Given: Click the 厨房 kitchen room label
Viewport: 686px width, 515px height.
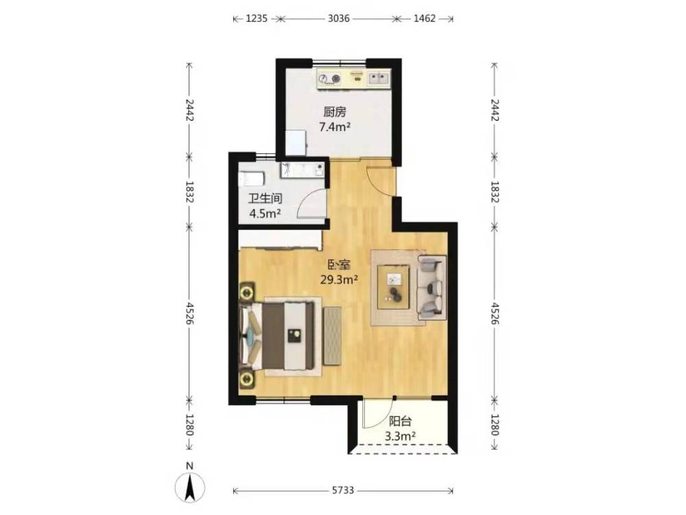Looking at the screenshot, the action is pyautogui.click(x=335, y=112).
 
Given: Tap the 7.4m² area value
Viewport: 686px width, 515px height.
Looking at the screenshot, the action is pyautogui.click(x=335, y=128).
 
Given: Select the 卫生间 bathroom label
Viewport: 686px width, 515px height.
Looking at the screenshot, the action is pyautogui.click(x=265, y=199).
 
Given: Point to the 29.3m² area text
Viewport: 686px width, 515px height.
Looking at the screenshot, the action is pyautogui.click(x=340, y=280).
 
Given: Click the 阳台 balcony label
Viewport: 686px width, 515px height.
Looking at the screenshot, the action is pyautogui.click(x=401, y=422).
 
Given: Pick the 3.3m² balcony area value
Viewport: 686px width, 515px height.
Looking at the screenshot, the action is pyautogui.click(x=400, y=437).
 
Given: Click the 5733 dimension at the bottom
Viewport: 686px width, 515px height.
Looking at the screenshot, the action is pyautogui.click(x=342, y=490).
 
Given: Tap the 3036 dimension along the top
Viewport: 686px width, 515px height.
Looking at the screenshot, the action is pyautogui.click(x=339, y=19).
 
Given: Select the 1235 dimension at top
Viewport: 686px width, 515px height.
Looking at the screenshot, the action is pyautogui.click(x=257, y=19).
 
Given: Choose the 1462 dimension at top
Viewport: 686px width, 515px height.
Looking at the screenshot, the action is pyautogui.click(x=425, y=19).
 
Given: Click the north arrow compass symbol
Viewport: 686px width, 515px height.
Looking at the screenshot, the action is pyautogui.click(x=189, y=486).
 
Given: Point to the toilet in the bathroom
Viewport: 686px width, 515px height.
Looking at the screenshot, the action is pyautogui.click(x=252, y=179).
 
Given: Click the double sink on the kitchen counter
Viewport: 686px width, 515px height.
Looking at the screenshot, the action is pyautogui.click(x=378, y=78).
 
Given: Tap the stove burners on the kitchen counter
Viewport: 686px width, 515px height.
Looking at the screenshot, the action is pyautogui.click(x=329, y=79).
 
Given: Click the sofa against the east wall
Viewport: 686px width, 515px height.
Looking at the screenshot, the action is pyautogui.click(x=431, y=287).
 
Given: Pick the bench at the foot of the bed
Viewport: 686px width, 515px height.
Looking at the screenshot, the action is pyautogui.click(x=332, y=336).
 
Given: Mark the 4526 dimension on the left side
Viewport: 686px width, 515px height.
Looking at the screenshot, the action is pyautogui.click(x=189, y=313).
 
